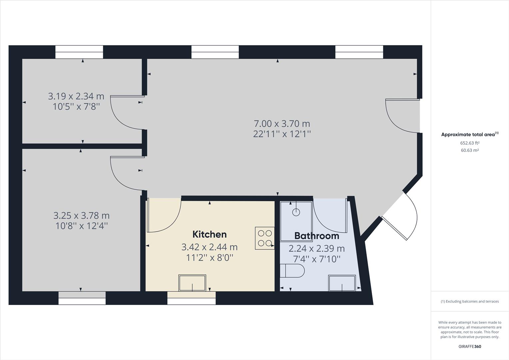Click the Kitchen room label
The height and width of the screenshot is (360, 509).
(210, 234)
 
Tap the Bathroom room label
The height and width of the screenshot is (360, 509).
(316, 236)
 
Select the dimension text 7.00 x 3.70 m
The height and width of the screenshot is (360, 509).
(282, 124)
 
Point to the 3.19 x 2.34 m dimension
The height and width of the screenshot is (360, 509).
(76, 96)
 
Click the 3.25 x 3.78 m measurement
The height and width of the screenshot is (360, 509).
(81, 216)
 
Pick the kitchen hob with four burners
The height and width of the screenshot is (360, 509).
(265, 238)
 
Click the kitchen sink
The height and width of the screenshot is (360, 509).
(192, 283)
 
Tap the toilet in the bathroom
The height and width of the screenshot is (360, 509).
(292, 271)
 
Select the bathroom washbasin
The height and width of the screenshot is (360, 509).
(342, 283)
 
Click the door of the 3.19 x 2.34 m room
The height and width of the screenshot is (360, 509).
(125, 113)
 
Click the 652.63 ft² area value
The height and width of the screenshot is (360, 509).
(470, 143)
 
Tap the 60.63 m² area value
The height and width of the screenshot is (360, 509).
(470, 150)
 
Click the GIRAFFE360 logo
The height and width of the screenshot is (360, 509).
(470, 346)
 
